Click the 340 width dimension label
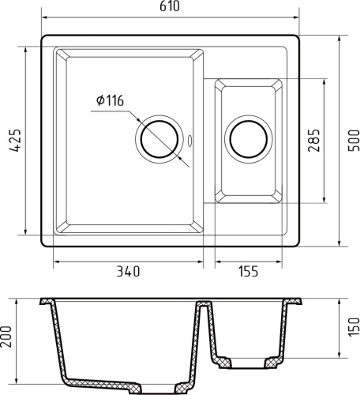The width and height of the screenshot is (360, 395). point(127,272)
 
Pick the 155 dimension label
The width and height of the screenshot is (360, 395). point(248,272)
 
